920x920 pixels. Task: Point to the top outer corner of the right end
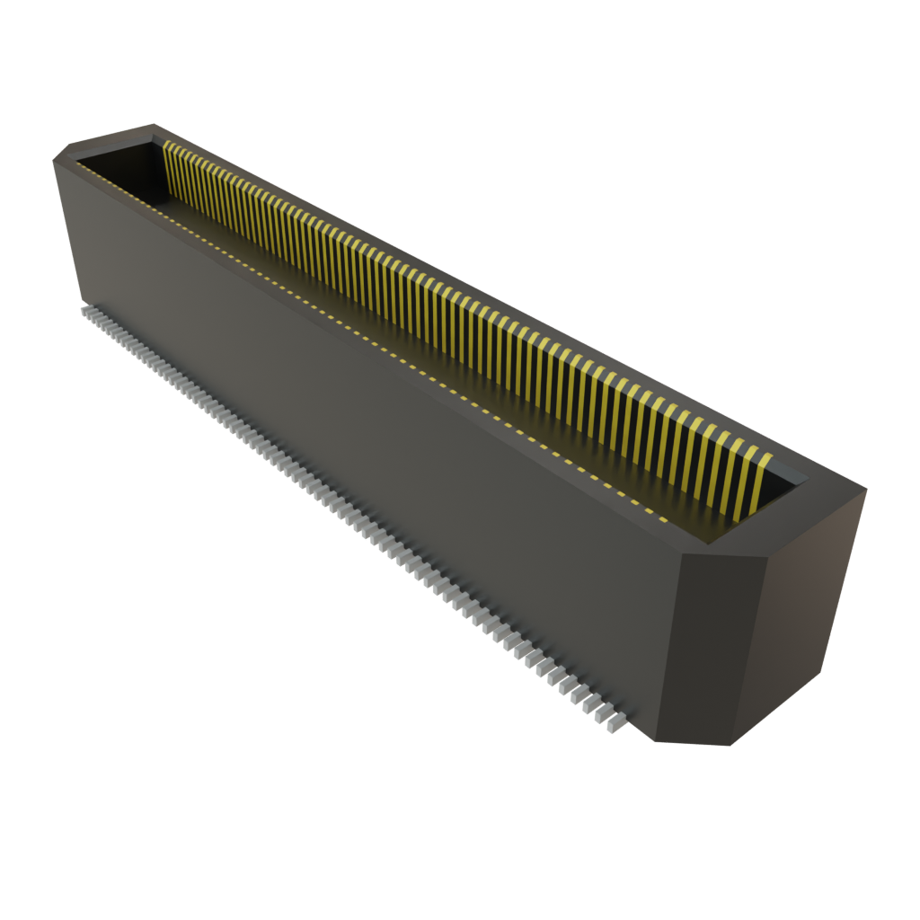click(x=866, y=490)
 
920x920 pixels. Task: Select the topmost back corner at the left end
click(x=153, y=124)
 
